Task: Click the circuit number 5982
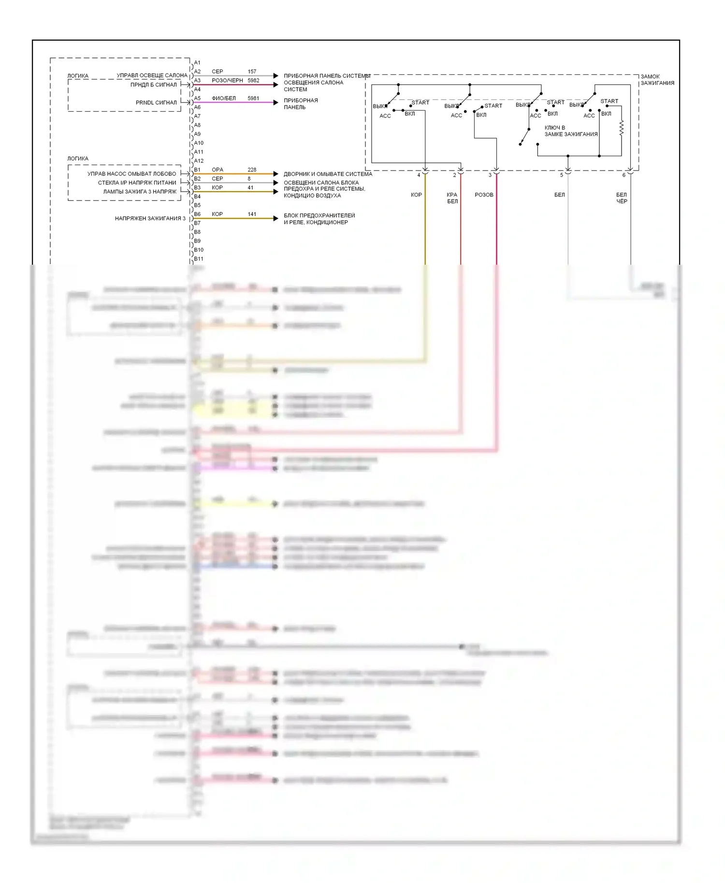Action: pos(253,80)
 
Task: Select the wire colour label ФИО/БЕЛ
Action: pos(224,98)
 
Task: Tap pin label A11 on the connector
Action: pos(199,152)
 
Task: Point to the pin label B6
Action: pos(197,214)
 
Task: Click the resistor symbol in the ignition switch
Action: pos(622,128)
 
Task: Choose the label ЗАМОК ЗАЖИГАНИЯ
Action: pos(657,80)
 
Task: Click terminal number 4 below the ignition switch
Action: pos(419,175)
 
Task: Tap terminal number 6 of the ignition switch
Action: pos(623,175)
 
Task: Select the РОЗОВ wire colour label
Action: pos(484,195)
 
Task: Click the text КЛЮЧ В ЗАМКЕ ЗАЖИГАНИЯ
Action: pos(571,131)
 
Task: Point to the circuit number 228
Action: pos(252,170)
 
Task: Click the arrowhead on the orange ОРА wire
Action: pos(275,174)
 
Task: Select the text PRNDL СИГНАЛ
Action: pos(156,102)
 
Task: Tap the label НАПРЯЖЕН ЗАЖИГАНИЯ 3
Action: pos(150,218)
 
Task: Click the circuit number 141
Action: pos(252,214)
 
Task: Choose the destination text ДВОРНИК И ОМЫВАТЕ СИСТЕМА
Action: pos(328,174)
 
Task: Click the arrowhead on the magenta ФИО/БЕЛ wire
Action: pos(275,102)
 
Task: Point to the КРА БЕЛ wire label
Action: pos(452,198)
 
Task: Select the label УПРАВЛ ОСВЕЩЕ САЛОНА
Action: pos(152,75)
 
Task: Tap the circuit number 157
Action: pos(252,71)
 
